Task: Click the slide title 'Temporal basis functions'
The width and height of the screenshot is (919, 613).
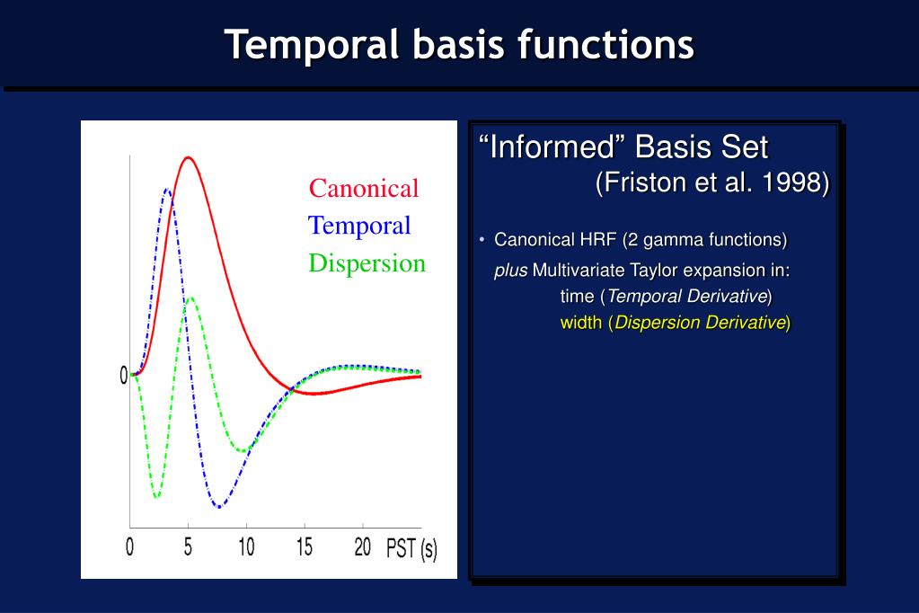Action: click(x=459, y=45)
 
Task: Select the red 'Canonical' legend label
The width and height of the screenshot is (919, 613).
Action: click(x=364, y=188)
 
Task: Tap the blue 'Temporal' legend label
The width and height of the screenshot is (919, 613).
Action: click(x=359, y=226)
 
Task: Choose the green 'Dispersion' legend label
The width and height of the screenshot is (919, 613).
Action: click(x=367, y=263)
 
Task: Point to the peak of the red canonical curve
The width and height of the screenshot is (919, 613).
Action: click(x=188, y=157)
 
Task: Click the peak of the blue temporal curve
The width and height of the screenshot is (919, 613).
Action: click(x=167, y=189)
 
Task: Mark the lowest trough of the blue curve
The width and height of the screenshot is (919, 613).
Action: click(x=218, y=506)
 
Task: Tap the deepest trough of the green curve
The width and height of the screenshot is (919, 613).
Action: click(x=156, y=497)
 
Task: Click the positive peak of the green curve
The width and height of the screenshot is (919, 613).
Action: click(x=190, y=298)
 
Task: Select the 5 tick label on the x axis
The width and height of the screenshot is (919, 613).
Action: click(x=188, y=546)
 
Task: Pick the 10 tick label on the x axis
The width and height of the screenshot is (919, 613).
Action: click(x=246, y=546)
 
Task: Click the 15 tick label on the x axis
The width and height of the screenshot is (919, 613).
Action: click(x=305, y=546)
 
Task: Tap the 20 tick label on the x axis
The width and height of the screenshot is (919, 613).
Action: click(x=363, y=546)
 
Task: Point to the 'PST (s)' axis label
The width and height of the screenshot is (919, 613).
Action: click(x=411, y=549)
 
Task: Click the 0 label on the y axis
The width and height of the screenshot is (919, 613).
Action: click(x=124, y=376)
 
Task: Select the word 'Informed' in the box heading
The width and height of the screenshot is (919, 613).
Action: click(x=552, y=147)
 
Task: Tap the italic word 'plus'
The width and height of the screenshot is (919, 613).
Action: click(x=510, y=271)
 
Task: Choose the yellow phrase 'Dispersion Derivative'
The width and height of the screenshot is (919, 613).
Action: click(x=700, y=322)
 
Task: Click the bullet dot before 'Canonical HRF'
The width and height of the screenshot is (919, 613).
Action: click(x=482, y=239)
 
